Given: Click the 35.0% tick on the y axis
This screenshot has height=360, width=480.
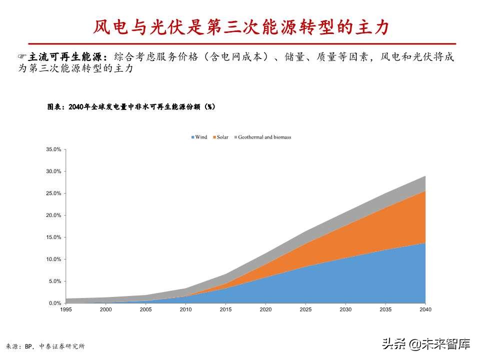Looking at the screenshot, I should coord(53,149).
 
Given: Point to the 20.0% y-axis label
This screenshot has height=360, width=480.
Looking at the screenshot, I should coord(53,215).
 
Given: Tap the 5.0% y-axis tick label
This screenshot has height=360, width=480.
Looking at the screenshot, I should coord(54,281).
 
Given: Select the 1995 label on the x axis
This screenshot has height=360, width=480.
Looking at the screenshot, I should coord(65,310).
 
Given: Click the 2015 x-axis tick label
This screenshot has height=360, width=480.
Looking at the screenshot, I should coord(225,310).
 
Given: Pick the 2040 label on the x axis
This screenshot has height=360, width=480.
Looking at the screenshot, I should coord(425,310).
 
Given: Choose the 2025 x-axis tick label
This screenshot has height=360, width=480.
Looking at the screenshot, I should coord(305,310).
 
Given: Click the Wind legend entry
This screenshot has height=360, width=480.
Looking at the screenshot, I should coord(199,137).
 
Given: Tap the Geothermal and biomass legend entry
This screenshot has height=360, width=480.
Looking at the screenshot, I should coord(262,137).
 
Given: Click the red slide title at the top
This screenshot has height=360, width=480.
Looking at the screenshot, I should coord(240,27).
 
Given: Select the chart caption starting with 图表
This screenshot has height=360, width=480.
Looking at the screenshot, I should coord(131,106).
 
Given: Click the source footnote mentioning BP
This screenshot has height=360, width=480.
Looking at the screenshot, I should coord(45,346).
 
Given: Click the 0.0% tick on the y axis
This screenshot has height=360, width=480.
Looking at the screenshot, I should coord(54,303).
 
